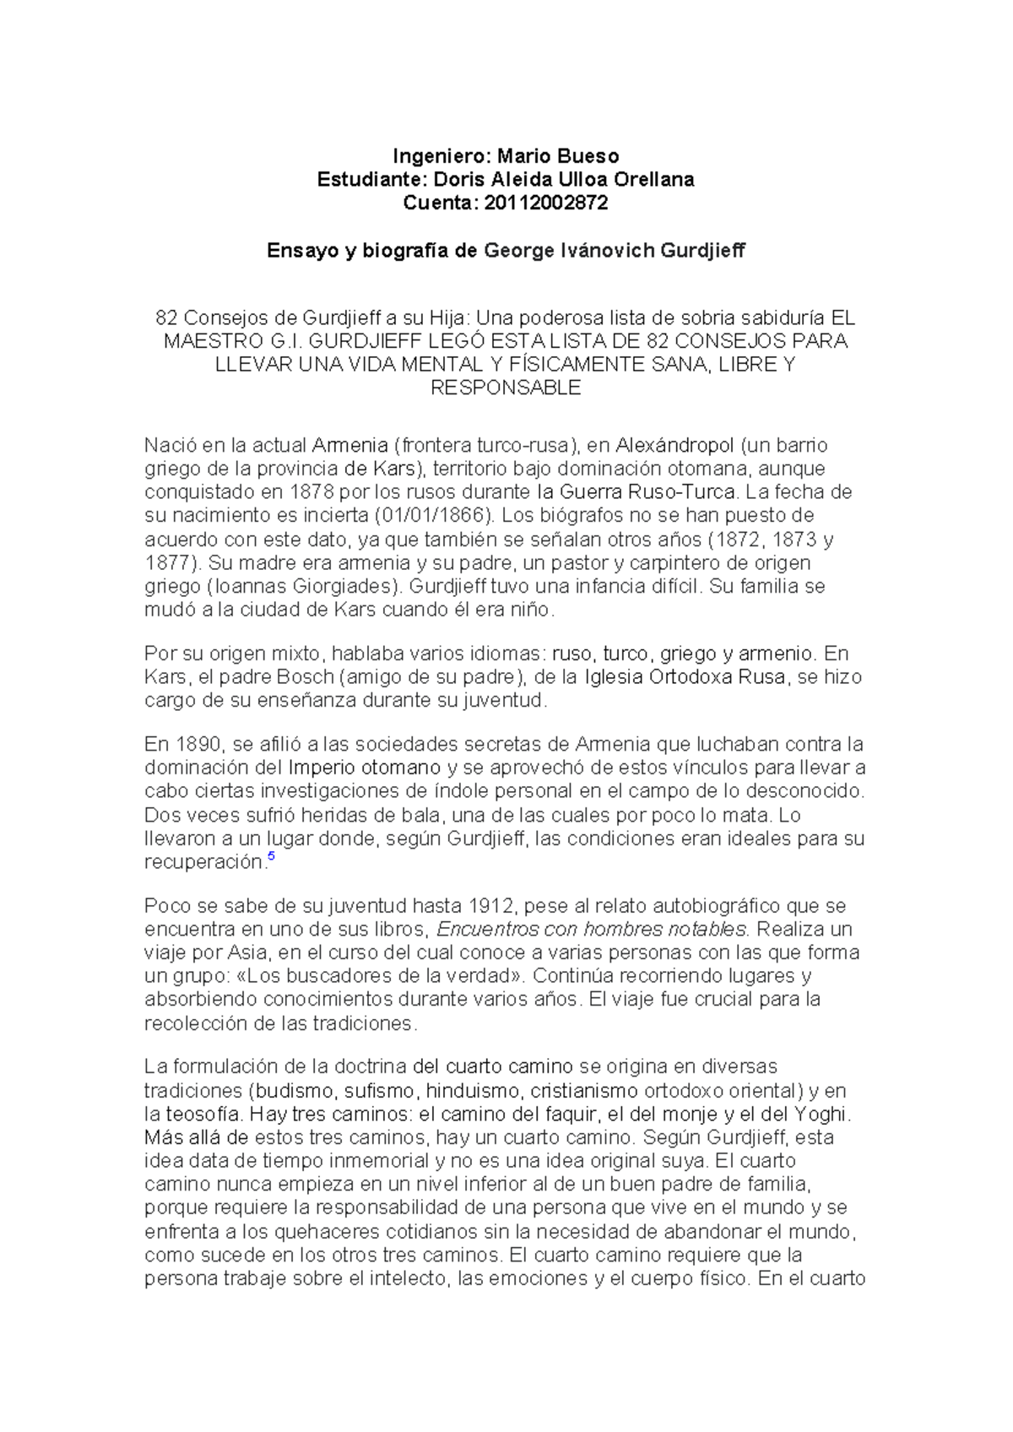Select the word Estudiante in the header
(367, 180)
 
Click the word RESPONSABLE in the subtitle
(506, 388)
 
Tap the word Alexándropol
(671, 445)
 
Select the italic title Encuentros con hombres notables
(591, 930)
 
